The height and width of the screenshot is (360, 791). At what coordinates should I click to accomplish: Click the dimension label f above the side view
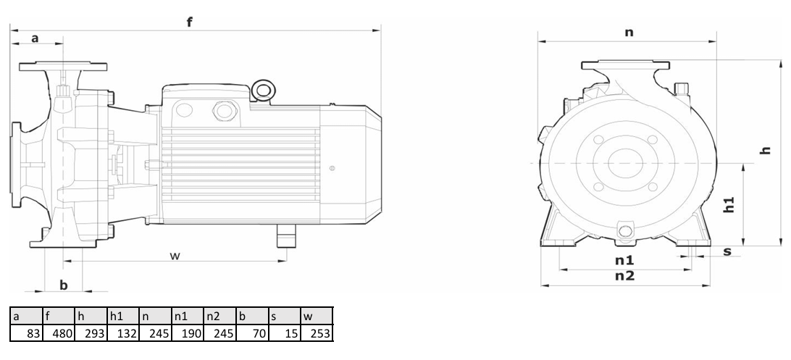pos(190,22)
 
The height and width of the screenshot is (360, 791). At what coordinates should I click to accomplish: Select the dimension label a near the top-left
pos(35,38)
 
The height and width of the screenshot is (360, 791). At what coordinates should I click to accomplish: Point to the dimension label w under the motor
pos(175,256)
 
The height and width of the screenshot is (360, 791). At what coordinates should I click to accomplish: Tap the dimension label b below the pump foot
pos(64,285)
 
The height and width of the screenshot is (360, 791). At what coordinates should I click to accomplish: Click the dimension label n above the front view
pos(629,33)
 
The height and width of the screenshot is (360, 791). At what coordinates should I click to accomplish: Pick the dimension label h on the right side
pos(766,150)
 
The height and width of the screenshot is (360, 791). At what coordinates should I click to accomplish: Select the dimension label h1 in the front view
pos(729,204)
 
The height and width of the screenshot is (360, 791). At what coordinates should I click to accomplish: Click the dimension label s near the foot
pos(727,251)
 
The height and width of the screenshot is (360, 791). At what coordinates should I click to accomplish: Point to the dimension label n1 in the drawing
pos(624,260)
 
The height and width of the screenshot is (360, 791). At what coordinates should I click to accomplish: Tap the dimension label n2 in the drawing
pos(624,276)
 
